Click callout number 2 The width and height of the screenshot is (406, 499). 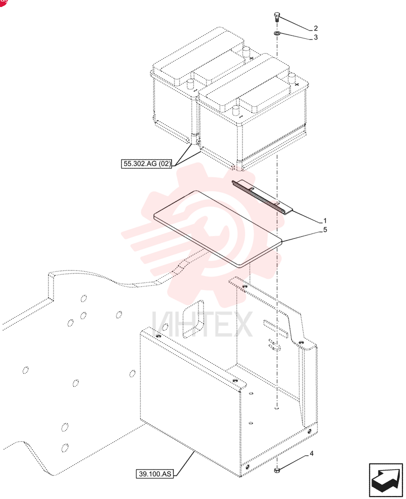tap(315, 28)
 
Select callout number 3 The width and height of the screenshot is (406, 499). tap(315, 37)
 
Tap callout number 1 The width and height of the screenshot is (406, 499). tap(324, 221)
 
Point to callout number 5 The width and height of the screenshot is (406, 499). tap(325, 230)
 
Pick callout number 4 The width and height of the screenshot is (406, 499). tap(311, 453)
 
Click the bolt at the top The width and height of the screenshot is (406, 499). tap(276, 16)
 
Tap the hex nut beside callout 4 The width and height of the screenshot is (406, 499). tap(276, 470)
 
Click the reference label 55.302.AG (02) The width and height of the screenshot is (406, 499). tap(146, 164)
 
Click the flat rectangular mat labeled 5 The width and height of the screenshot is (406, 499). tap(218, 228)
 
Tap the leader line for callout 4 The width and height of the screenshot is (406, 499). tap(293, 463)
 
